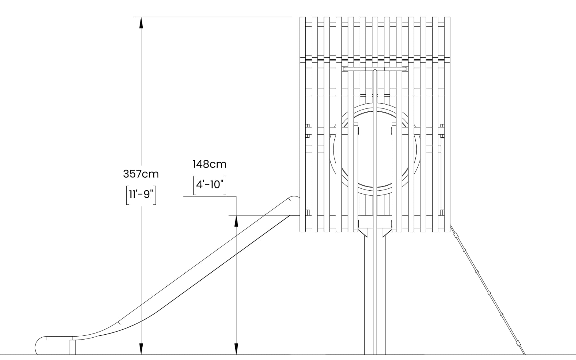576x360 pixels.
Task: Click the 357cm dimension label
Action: coord(141,174)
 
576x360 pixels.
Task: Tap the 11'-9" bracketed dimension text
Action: coord(141,195)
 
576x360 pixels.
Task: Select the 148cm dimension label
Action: coord(209,164)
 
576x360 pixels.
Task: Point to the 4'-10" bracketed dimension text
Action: coord(210,185)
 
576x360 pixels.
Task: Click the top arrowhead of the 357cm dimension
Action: coord(141,22)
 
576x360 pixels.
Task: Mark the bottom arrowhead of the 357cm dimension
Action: coord(141,349)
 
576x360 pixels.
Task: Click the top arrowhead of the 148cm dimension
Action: coord(236,221)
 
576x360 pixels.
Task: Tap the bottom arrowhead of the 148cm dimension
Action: coord(236,349)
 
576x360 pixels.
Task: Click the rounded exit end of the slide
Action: coord(41,346)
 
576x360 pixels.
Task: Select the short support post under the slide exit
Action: coord(73,347)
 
